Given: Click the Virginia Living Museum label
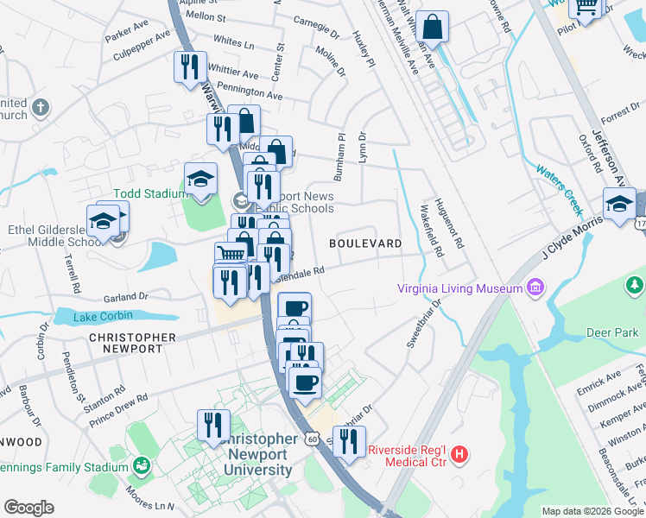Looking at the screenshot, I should click(x=461, y=289).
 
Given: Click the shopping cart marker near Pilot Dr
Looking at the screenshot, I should click(x=586, y=7).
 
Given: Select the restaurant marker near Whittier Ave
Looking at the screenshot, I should click(x=189, y=66).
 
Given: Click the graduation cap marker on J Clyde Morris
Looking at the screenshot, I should click(x=619, y=205).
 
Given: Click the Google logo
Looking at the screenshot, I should click(x=29, y=508).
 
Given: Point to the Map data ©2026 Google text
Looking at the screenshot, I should click(x=592, y=511).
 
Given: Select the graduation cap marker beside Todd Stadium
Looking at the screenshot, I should click(x=200, y=180).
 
